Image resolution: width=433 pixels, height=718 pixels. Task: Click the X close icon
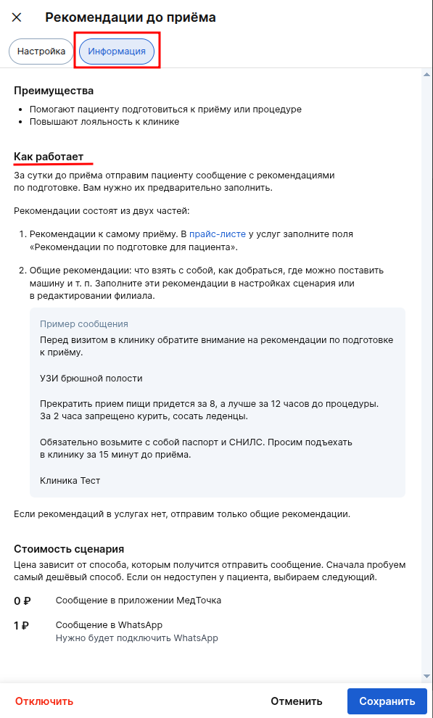point(17,17)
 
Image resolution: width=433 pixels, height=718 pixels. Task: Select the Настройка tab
point(41,51)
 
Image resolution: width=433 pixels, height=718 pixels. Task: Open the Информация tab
point(117,51)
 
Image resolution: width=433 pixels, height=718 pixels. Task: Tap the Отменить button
point(296,701)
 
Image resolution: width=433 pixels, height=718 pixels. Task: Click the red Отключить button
point(44,701)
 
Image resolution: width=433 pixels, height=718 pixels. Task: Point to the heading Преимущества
point(54,91)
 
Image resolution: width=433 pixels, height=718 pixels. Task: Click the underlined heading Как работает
point(49,157)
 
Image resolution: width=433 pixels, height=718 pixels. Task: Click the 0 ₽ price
point(22,601)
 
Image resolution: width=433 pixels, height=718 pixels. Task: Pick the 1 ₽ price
point(22,625)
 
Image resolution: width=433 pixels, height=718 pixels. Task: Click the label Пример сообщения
point(84,324)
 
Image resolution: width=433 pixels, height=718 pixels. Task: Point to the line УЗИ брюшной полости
point(91,379)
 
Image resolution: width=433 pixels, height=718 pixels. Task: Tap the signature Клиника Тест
point(70,481)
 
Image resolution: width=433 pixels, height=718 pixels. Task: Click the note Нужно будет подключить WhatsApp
point(137,639)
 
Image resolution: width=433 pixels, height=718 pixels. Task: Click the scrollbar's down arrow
point(426,676)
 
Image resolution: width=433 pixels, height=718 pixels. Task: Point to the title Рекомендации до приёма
point(131,17)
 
